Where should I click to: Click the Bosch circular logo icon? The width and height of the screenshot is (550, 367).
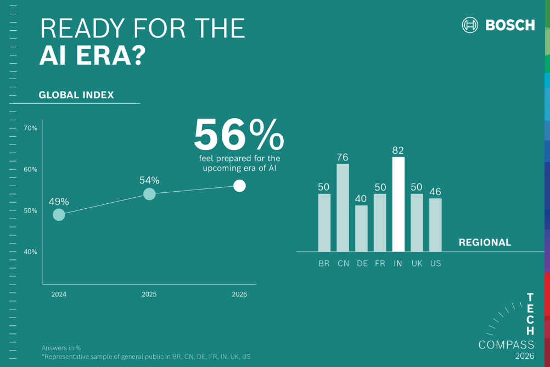pyautogui.click(x=470, y=25)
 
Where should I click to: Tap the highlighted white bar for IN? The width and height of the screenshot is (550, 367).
pyautogui.click(x=398, y=204)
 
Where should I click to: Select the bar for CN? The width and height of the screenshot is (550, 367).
pyautogui.click(x=343, y=208)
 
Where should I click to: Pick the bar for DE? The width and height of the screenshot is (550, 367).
pyautogui.click(x=361, y=229)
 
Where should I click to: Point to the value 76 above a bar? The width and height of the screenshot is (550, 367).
pyautogui.click(x=343, y=157)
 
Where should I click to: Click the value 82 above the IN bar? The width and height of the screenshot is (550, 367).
pyautogui.click(x=398, y=150)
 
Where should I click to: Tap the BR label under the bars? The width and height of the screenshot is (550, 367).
pyautogui.click(x=324, y=264)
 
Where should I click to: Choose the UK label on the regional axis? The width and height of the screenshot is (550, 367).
pyautogui.click(x=417, y=264)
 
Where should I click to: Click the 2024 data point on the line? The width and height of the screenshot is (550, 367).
pyautogui.click(x=59, y=215)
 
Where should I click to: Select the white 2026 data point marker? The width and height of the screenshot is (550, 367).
pyautogui.click(x=239, y=186)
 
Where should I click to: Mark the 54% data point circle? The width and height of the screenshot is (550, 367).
pyautogui.click(x=149, y=194)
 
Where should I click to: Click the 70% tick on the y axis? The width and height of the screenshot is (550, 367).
pyautogui.click(x=30, y=129)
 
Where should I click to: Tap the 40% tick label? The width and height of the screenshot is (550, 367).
pyautogui.click(x=30, y=252)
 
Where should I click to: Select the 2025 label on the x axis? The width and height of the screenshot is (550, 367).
pyautogui.click(x=149, y=294)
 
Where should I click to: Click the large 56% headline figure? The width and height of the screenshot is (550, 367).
pyautogui.click(x=239, y=135)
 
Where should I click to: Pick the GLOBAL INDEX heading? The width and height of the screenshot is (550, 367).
pyautogui.click(x=76, y=95)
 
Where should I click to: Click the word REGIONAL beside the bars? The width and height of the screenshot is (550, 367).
pyautogui.click(x=485, y=242)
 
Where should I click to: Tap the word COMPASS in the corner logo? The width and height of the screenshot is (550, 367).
pyautogui.click(x=506, y=345)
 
